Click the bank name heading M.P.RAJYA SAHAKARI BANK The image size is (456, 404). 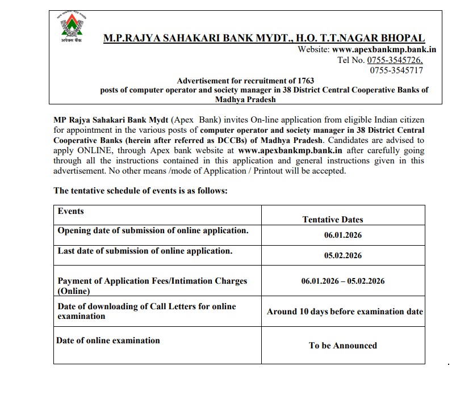263,39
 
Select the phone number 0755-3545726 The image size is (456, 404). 394,60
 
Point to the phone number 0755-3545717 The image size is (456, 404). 396,70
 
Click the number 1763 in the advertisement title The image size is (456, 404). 304,81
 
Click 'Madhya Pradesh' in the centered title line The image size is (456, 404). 245,99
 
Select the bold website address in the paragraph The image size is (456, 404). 290,150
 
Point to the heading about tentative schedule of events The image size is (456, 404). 140,191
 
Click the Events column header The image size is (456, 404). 71,211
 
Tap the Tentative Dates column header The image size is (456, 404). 332,219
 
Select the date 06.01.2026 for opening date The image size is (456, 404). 343,235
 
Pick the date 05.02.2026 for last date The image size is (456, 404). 343,255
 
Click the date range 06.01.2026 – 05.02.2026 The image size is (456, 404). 343,281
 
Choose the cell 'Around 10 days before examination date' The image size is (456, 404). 345,312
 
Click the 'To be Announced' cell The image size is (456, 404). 343,345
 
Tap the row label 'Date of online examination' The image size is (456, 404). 108,340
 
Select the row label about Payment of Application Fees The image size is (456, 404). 152,286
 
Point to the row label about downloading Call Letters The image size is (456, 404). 147,311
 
